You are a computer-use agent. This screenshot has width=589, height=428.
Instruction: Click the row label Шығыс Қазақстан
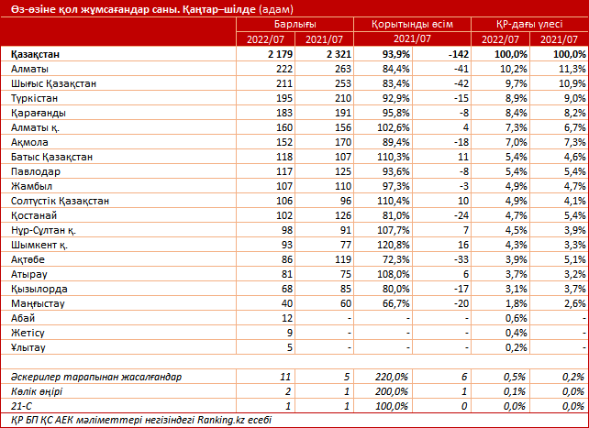[x=53, y=83]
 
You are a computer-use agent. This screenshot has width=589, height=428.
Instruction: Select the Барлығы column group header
[x=294, y=25]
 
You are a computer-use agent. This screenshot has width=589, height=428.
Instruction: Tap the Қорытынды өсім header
[x=412, y=25]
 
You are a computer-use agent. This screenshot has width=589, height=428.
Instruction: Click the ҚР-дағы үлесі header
[x=529, y=25]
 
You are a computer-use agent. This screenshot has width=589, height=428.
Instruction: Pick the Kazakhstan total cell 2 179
[x=280, y=54]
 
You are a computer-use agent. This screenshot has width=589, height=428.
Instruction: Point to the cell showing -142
[x=459, y=54]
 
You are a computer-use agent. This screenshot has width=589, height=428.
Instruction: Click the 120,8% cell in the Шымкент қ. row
[x=393, y=245]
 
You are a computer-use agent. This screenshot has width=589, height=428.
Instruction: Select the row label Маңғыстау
[x=38, y=303]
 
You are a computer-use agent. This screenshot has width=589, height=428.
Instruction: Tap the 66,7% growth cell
[x=395, y=303]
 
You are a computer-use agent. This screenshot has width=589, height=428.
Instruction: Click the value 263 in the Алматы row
[x=343, y=69]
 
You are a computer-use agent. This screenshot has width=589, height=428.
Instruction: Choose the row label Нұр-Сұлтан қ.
[x=43, y=230]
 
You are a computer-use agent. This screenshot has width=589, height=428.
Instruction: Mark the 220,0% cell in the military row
[x=391, y=377]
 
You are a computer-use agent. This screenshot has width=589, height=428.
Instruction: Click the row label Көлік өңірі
[x=37, y=391]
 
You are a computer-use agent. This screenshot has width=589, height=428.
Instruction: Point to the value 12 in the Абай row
[x=286, y=318]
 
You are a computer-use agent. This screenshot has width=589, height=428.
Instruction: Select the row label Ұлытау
[x=28, y=347]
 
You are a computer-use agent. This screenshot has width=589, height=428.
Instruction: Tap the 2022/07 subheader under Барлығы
[x=265, y=39]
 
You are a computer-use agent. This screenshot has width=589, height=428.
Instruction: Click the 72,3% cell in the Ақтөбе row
[x=395, y=259]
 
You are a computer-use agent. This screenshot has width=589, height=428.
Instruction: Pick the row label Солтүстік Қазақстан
[x=60, y=201]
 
